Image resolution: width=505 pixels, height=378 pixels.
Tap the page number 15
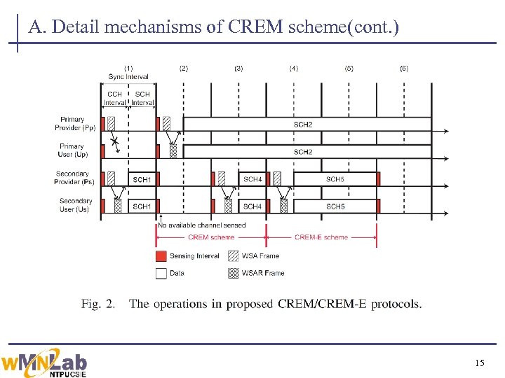pos(479,363)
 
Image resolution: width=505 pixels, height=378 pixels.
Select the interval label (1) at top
pos(128,69)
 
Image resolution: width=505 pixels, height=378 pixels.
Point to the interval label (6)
pos(404,69)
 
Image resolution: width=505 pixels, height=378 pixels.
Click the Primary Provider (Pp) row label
pos(75,124)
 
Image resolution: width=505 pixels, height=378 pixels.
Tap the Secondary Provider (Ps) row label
pos(74,178)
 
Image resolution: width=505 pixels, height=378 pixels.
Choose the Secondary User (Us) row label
pos(75,205)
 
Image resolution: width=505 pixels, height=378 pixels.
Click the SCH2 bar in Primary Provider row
pos(303,124)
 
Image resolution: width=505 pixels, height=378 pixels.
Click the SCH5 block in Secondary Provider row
pos(335,179)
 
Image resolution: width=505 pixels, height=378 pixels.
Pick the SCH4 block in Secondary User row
pos(252,206)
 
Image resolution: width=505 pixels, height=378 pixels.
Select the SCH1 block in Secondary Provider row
pos(142,179)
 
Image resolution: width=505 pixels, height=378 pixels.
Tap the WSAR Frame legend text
pos(263,273)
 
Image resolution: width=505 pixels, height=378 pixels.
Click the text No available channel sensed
pos(201,225)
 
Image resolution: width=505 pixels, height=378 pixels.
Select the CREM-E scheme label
pos(321,237)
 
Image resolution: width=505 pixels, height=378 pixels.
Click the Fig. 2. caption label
pos(99,304)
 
